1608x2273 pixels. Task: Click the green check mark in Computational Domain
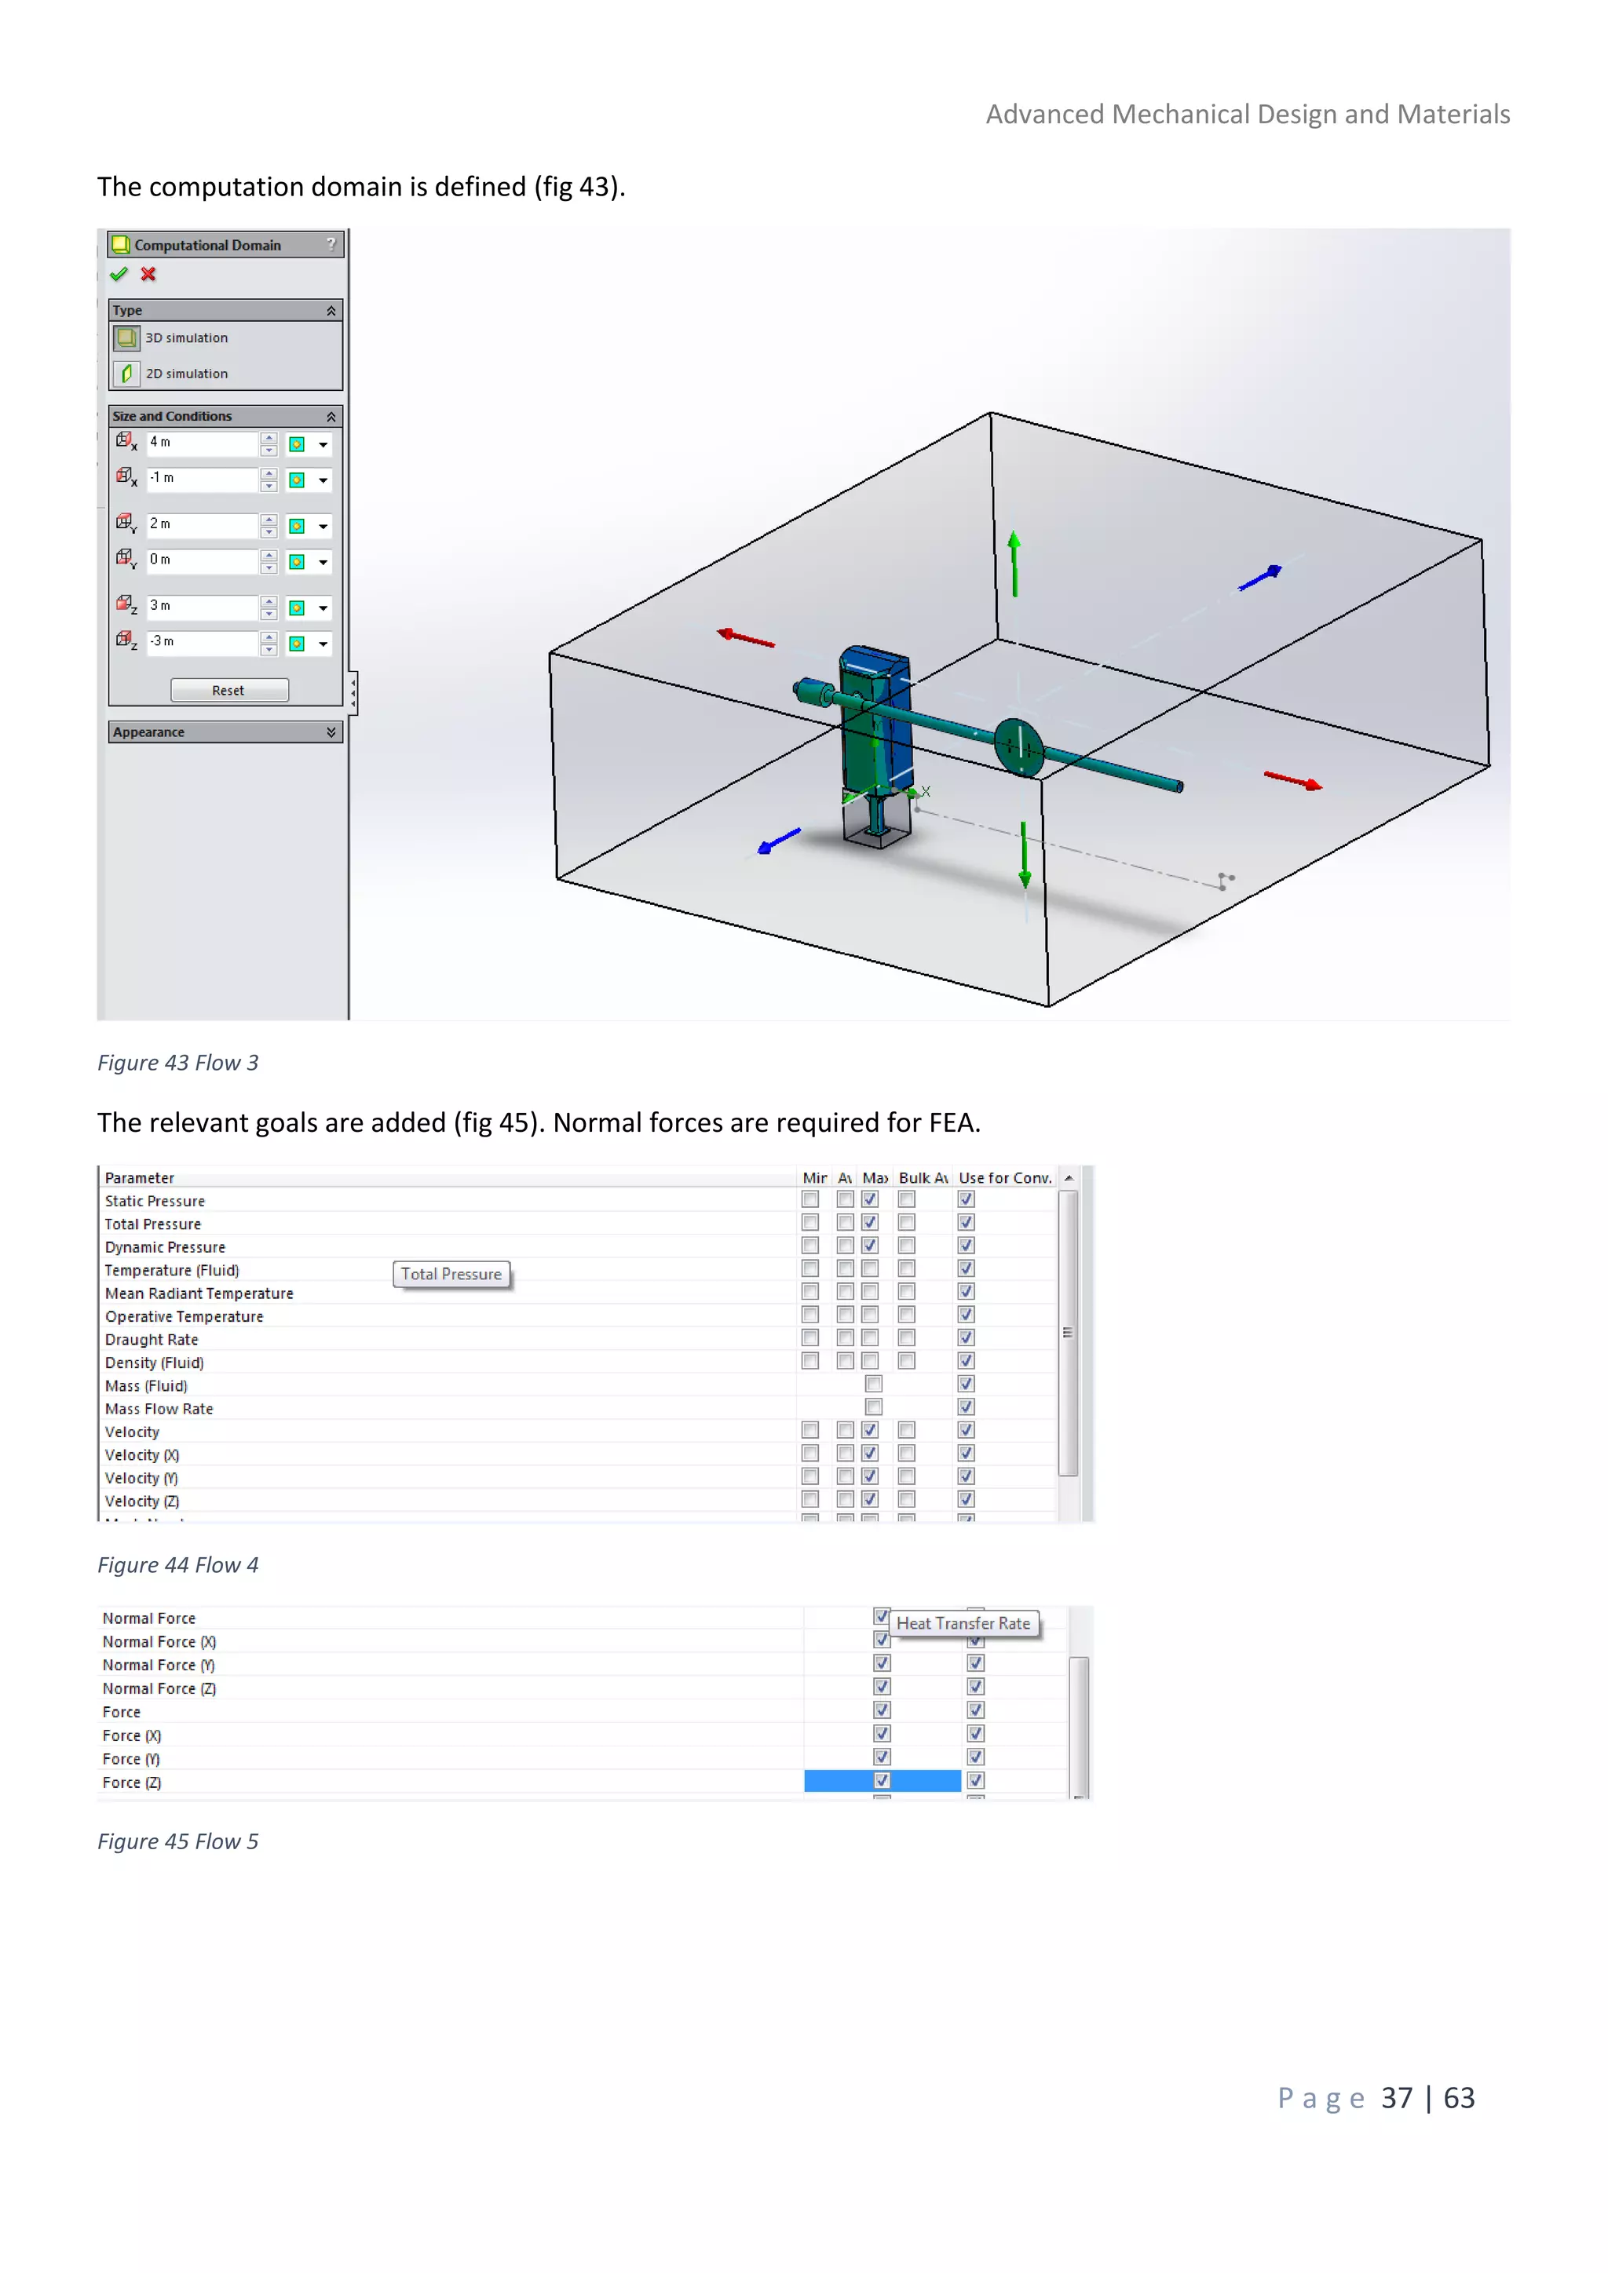click(x=119, y=274)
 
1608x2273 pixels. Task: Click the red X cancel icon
click(x=148, y=274)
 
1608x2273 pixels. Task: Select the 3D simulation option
click(x=186, y=338)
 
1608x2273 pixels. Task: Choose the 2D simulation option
click(x=186, y=374)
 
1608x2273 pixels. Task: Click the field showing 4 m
click(x=201, y=443)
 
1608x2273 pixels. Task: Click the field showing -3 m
click(x=201, y=641)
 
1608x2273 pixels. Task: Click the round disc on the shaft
click(x=1019, y=746)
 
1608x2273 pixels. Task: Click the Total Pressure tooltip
click(x=451, y=1274)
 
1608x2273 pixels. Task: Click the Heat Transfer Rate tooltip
click(x=963, y=1624)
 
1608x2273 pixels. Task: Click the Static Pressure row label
click(x=155, y=1201)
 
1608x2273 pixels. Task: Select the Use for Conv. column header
click(x=1004, y=1178)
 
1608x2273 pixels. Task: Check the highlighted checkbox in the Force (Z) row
click(x=881, y=1781)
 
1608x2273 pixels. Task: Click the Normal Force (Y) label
click(x=159, y=1666)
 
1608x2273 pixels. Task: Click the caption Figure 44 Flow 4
click(x=178, y=1565)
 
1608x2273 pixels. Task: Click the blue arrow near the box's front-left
click(x=779, y=841)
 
